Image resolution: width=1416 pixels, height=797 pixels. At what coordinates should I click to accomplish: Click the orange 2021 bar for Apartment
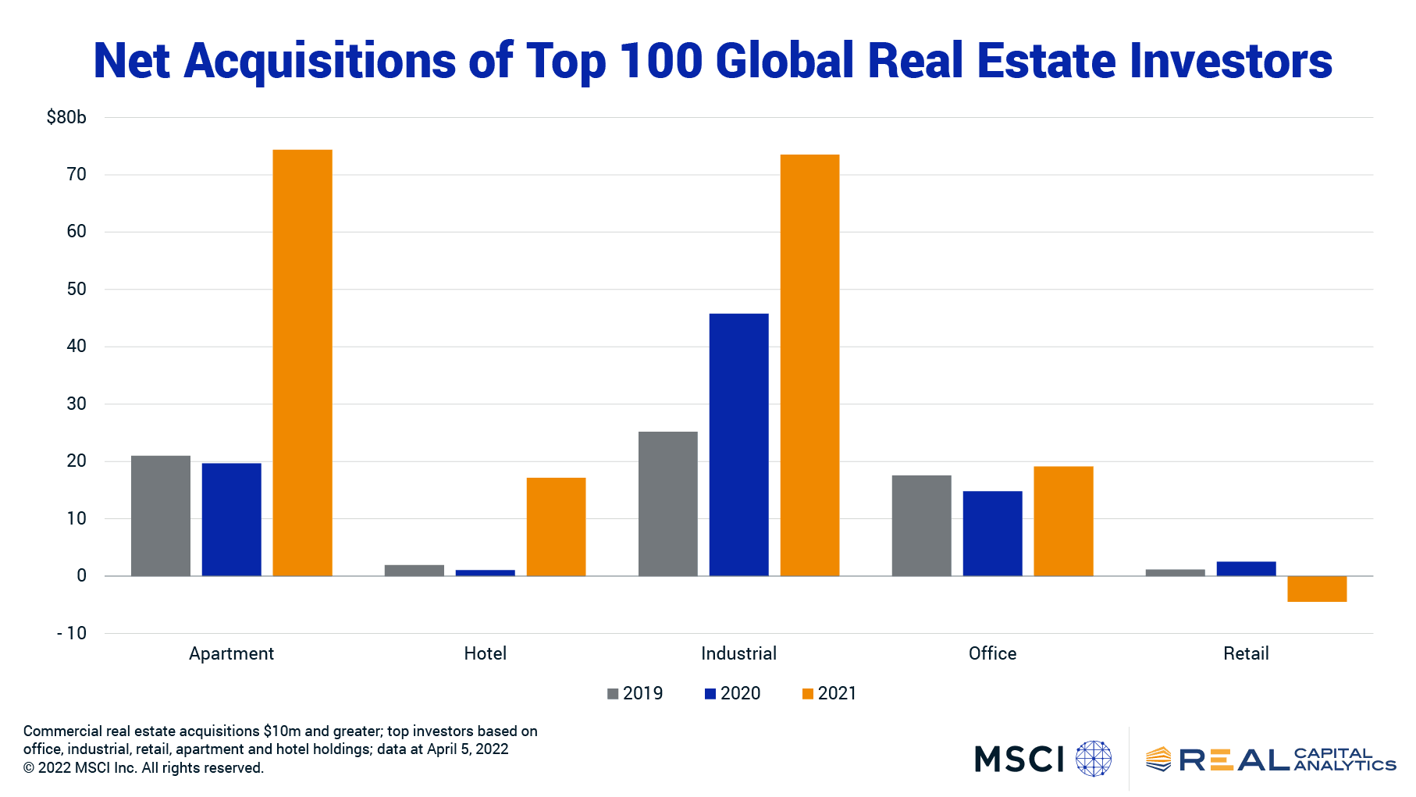coord(302,362)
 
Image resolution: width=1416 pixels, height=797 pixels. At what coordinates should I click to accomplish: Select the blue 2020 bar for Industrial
coord(738,444)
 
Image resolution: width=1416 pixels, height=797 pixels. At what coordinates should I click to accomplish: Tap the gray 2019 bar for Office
coord(921,525)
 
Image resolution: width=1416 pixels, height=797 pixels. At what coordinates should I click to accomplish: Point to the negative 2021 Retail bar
coord(1316,589)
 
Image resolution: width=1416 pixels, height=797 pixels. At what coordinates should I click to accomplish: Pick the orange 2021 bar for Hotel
coord(556,526)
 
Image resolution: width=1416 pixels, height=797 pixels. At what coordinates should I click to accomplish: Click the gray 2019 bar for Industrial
coord(667,503)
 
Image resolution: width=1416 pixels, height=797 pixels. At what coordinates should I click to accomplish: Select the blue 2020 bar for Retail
coord(1246,568)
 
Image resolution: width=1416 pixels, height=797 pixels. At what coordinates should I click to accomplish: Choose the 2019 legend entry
coord(635,693)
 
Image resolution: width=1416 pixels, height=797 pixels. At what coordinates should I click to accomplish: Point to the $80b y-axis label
coord(66,118)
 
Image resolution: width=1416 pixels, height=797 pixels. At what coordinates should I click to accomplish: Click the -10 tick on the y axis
coord(72,633)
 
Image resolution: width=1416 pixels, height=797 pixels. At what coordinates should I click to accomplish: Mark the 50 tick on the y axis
coord(76,289)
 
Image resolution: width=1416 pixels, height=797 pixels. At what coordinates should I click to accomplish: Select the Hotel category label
coord(485,653)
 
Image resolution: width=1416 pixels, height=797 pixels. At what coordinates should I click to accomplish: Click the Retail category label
coord(1246,653)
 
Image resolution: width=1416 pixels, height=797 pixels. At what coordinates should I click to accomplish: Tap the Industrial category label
coord(738,653)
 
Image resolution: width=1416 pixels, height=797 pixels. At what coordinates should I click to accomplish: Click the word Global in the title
coord(784,61)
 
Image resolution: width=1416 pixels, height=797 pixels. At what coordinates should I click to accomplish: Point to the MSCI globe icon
coord(1093,759)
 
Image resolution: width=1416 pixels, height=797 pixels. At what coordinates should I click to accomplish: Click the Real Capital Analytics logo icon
coord(1158,759)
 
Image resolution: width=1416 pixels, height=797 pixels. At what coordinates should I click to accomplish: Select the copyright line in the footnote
coord(144,768)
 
